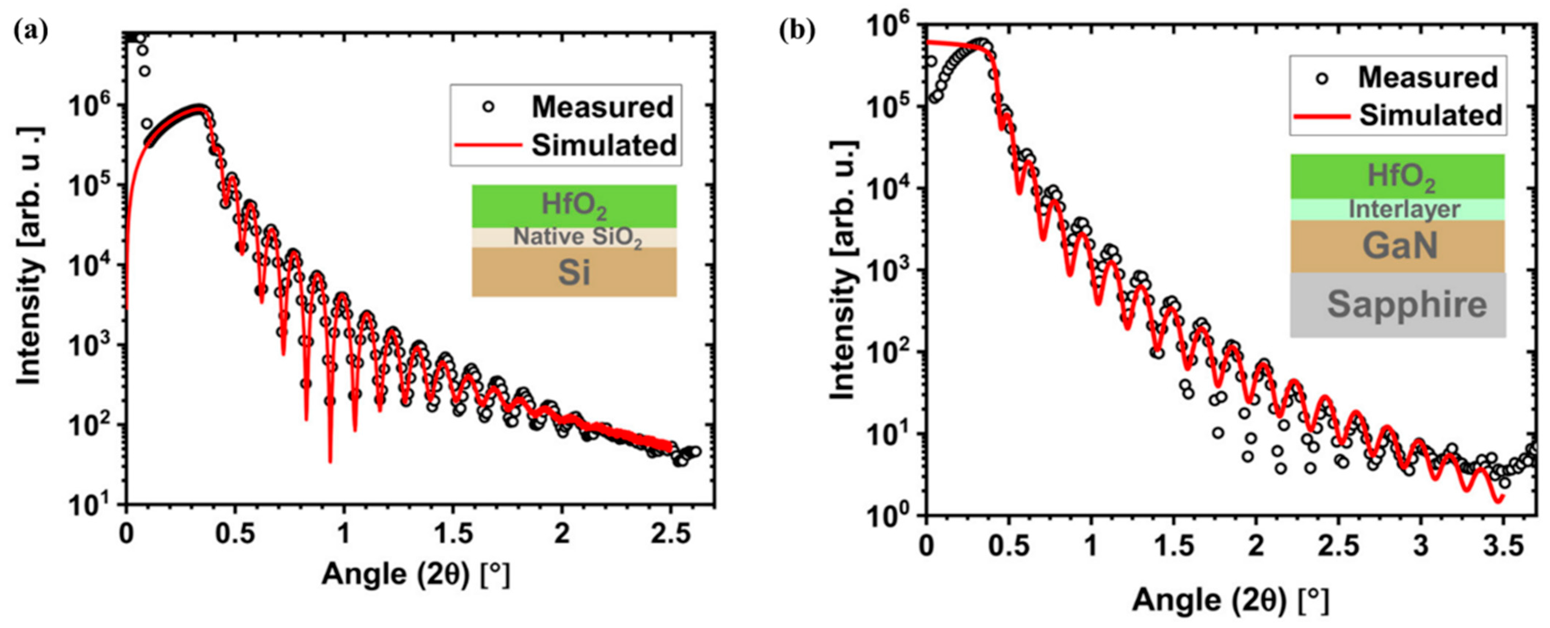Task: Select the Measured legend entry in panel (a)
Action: click(x=578, y=107)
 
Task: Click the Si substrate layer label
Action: click(x=574, y=272)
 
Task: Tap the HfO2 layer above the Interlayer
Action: click(x=1398, y=176)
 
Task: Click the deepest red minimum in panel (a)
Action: click(x=330, y=461)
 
